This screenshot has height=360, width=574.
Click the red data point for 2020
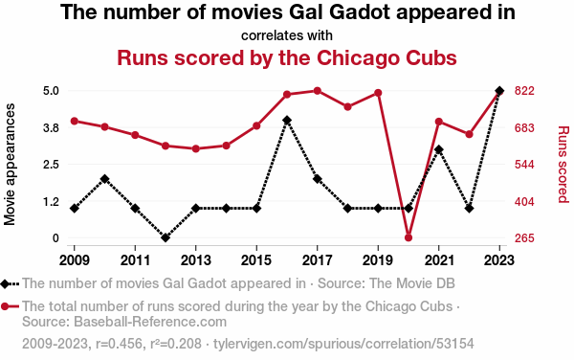[x=408, y=237]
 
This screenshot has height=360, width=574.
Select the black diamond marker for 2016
[x=287, y=120]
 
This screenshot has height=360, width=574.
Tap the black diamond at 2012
[x=166, y=237]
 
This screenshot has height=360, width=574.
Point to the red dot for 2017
[x=318, y=91]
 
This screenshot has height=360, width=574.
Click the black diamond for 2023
[x=499, y=90]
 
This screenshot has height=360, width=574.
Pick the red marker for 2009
[x=75, y=122]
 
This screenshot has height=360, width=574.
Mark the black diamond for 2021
[x=438, y=149]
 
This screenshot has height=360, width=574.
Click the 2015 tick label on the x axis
[x=256, y=260]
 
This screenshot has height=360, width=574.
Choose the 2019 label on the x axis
[x=378, y=260]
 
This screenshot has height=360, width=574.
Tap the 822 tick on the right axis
[x=524, y=91]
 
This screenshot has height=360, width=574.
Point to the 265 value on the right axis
[x=524, y=238]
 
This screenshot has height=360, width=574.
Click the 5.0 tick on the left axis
[x=51, y=91]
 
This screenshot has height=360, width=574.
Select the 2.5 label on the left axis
[x=51, y=165]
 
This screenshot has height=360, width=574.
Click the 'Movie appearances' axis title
[x=10, y=164]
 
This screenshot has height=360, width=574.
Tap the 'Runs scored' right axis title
[x=563, y=164]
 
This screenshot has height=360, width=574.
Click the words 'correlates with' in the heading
[x=287, y=35]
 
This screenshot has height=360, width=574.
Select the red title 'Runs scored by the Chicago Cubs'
[x=287, y=57]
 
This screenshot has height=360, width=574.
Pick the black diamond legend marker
[x=5, y=283]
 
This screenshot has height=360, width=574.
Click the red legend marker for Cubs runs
[x=5, y=306]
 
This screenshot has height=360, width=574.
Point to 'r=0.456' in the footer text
[x=119, y=344]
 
